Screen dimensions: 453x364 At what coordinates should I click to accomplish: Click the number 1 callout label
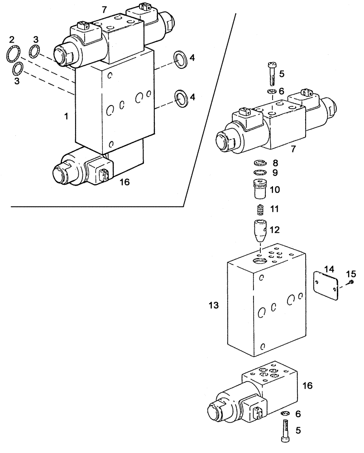click(66, 116)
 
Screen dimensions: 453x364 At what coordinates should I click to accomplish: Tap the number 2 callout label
click(12, 39)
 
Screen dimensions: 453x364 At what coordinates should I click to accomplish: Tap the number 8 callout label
click(275, 163)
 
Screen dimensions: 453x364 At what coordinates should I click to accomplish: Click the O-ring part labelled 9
click(260, 173)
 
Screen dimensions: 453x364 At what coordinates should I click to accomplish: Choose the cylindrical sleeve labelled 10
click(260, 188)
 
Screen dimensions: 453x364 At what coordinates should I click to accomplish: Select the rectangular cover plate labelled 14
click(326, 284)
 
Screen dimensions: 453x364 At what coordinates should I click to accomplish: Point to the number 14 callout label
click(330, 269)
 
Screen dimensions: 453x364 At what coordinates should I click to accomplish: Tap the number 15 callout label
click(351, 274)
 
